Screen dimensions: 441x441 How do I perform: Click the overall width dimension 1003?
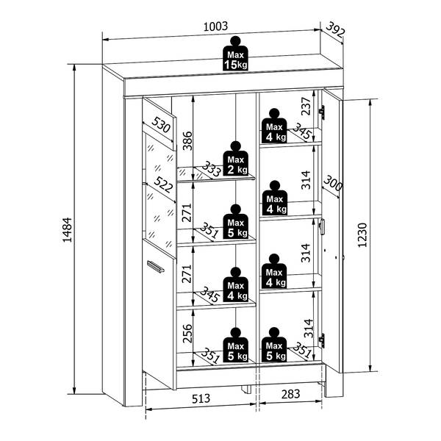[215, 26]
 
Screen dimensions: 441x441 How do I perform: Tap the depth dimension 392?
[335, 30]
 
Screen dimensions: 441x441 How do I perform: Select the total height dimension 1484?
[68, 230]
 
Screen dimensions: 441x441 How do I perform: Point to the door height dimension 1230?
[362, 235]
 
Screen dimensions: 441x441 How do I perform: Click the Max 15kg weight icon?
[235, 53]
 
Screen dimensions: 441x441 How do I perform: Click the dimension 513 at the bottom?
[201, 398]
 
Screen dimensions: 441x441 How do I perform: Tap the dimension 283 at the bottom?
[291, 394]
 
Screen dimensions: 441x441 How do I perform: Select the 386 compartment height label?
[187, 140]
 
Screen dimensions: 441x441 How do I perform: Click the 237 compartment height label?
[306, 106]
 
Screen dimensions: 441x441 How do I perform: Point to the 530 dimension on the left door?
[161, 125]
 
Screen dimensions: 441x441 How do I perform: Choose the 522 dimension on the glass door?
[163, 184]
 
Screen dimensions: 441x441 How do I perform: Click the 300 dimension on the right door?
[333, 183]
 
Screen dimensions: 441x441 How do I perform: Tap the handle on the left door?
[156, 266]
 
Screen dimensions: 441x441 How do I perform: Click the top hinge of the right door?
[322, 112]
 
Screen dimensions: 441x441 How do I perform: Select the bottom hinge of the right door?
[321, 340]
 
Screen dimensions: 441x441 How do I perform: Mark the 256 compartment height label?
[187, 334]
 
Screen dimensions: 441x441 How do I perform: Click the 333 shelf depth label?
[211, 169]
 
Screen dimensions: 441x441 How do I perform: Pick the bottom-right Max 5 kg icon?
[274, 345]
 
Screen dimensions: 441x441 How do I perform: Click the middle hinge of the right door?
[322, 226]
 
